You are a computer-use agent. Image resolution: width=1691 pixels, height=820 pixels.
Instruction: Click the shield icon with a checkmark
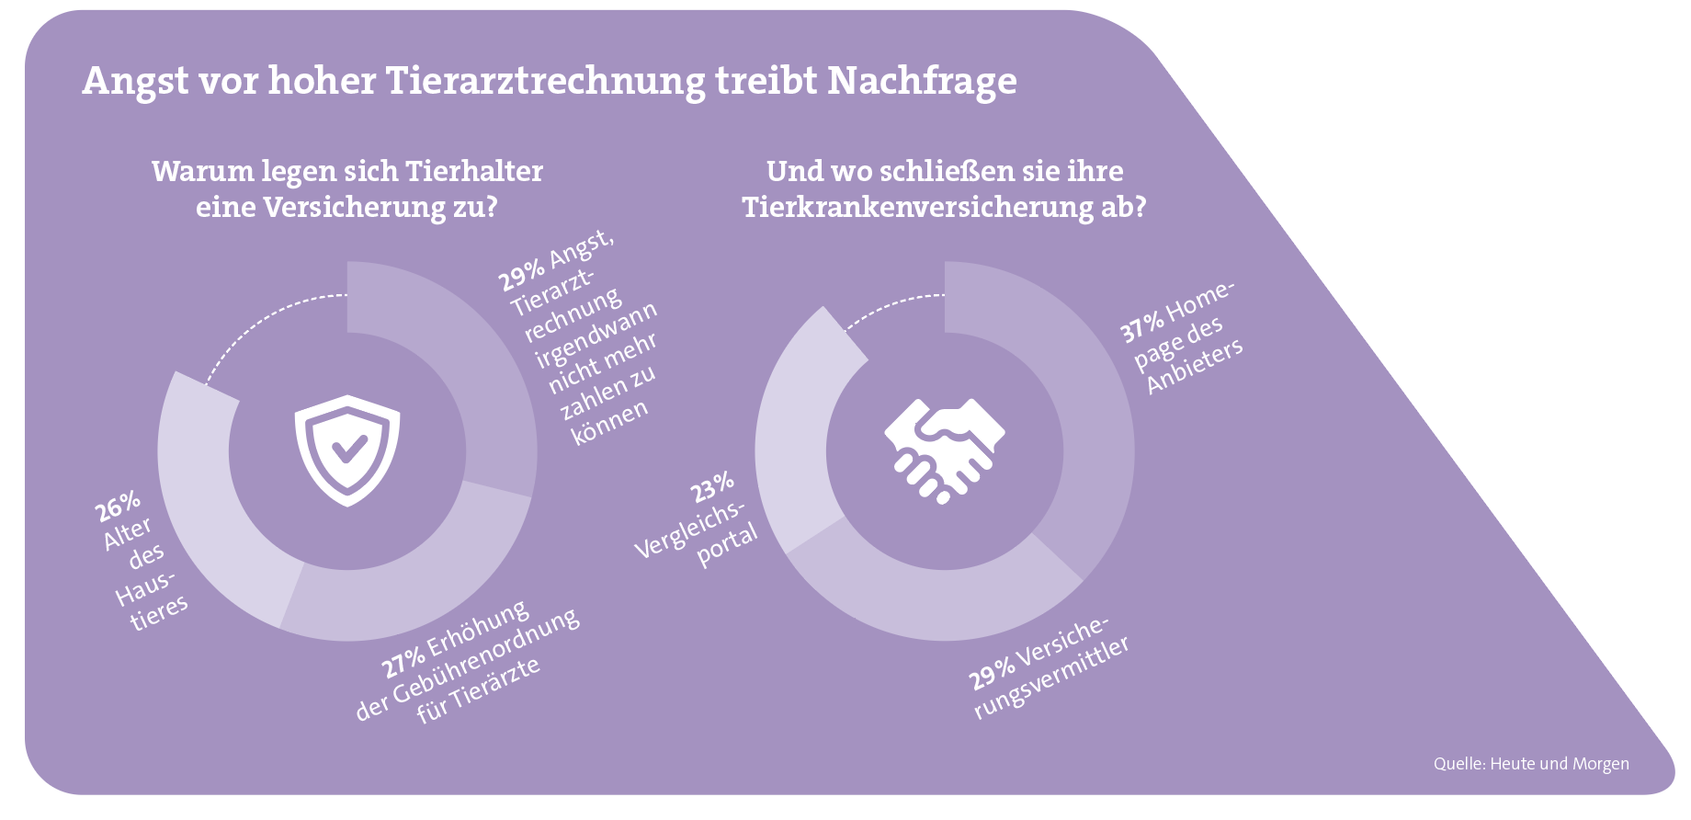click(347, 450)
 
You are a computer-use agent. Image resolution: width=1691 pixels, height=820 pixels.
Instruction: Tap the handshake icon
click(944, 450)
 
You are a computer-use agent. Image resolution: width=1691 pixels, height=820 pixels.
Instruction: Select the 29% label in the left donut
click(521, 276)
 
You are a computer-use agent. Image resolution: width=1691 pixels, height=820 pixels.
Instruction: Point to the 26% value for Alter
click(119, 506)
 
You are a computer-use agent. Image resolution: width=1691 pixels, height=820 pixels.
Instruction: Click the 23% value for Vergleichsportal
click(713, 487)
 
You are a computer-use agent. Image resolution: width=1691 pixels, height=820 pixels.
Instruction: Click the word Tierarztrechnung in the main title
click(545, 81)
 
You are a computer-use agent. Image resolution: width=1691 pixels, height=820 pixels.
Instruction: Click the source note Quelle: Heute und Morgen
click(1531, 764)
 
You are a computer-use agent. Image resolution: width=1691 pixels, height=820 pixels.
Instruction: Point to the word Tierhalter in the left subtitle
click(474, 171)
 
